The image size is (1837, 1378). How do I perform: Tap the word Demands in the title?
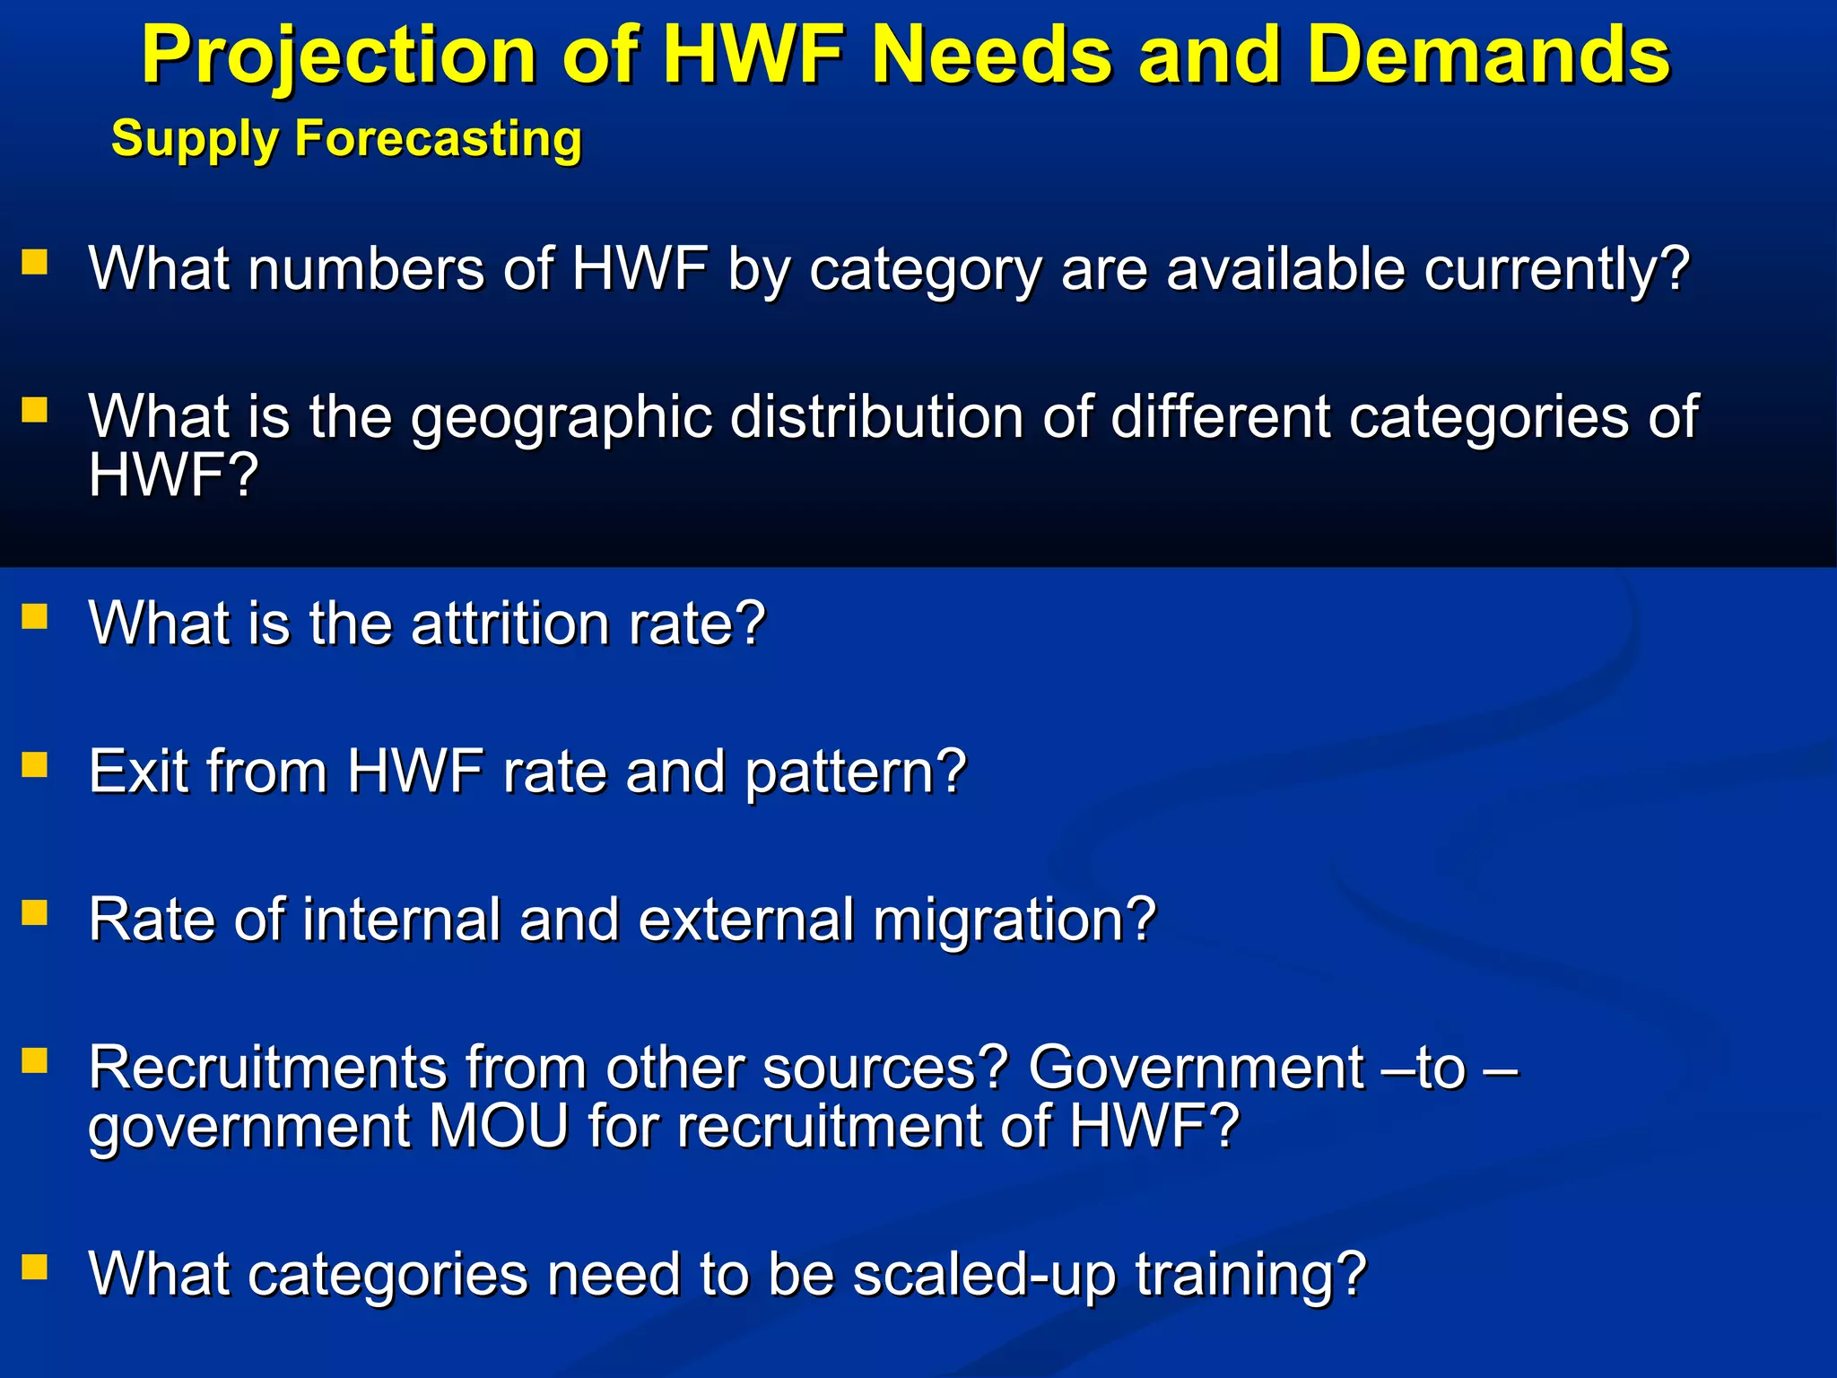(x=1488, y=56)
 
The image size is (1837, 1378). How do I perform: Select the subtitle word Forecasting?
(x=439, y=139)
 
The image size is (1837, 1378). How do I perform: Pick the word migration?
(x=1014, y=920)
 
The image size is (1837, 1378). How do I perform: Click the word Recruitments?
(x=267, y=1068)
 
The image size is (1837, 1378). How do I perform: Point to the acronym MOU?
(x=499, y=1126)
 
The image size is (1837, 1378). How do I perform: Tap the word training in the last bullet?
(x=1250, y=1275)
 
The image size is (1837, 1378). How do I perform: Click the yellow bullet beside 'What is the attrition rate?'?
(x=34, y=617)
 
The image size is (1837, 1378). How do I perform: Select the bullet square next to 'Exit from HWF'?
(x=34, y=765)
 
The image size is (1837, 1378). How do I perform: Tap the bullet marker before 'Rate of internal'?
(x=34, y=913)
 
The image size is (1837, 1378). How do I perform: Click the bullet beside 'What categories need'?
(x=34, y=1268)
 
